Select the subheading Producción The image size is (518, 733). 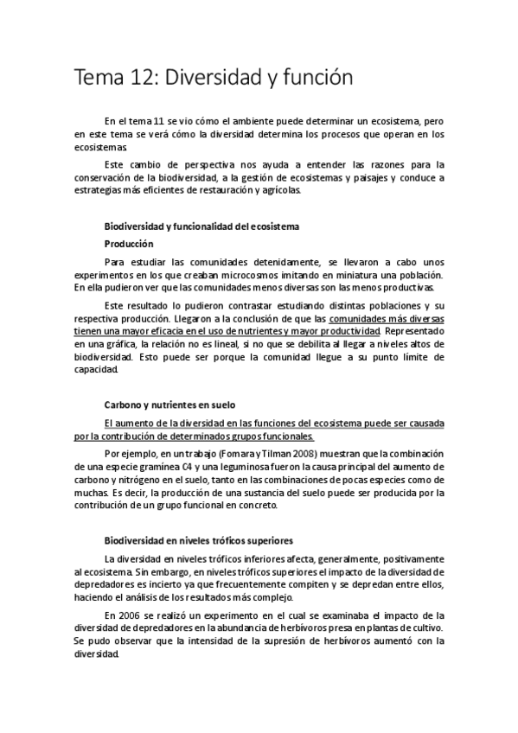(x=129, y=244)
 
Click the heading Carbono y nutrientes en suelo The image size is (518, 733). (x=169, y=405)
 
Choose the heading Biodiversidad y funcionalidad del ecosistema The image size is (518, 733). (x=201, y=226)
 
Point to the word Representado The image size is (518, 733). (x=414, y=330)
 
